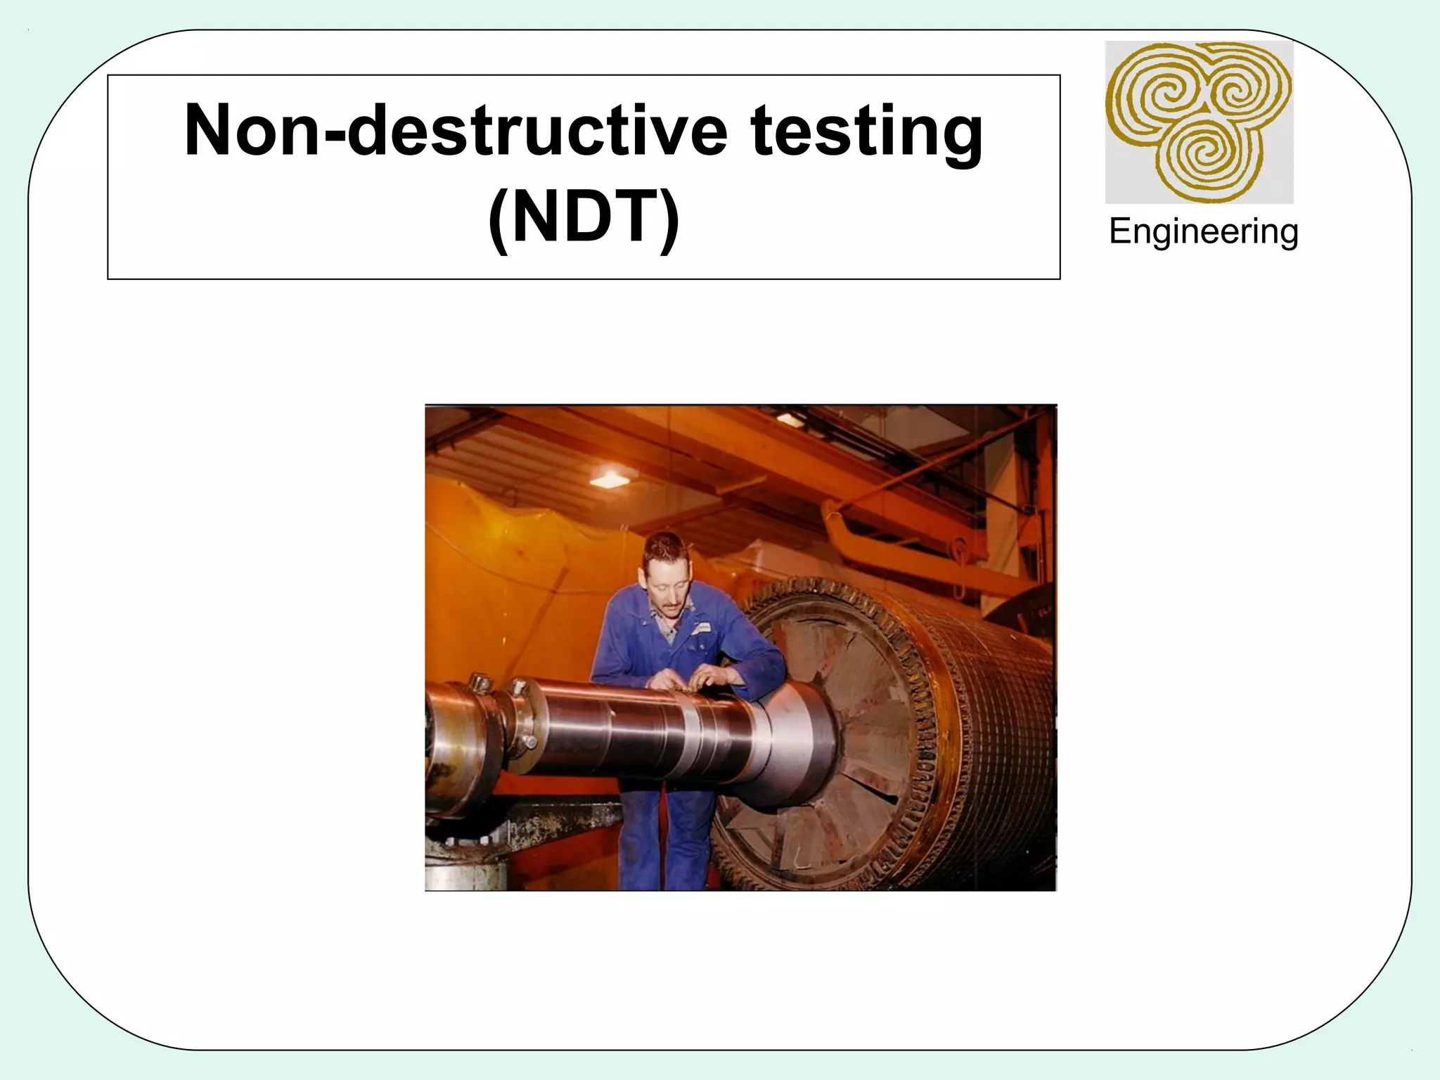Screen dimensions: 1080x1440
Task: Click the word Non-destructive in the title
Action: [455, 131]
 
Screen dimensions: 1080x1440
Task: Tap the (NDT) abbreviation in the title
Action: [584, 217]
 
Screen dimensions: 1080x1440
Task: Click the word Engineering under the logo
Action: [1203, 231]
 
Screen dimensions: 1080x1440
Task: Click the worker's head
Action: [664, 570]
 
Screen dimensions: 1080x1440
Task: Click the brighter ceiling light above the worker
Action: [609, 480]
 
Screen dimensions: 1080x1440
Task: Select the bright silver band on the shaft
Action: [693, 738]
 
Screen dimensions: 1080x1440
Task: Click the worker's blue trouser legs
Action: [668, 837]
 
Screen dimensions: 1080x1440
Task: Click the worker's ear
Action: [642, 578]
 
